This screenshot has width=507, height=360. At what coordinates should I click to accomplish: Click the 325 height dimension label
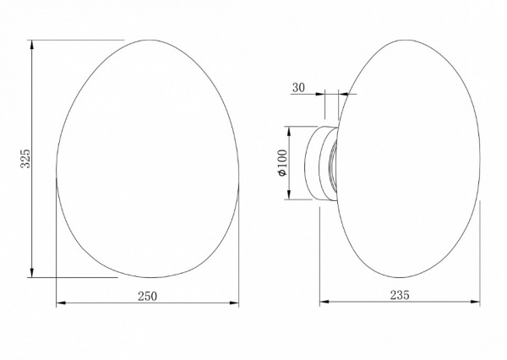(25, 158)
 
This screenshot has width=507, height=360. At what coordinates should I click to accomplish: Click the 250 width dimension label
(147, 296)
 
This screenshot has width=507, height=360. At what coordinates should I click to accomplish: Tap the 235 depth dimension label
(400, 295)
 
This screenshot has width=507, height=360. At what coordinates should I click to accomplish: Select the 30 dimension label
(298, 87)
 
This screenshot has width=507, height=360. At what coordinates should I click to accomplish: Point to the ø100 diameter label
(282, 163)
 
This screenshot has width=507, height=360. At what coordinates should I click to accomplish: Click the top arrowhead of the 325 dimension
(32, 45)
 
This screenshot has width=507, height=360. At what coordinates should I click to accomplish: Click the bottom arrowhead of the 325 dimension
(32, 273)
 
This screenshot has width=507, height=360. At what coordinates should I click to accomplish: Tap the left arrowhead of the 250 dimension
(61, 303)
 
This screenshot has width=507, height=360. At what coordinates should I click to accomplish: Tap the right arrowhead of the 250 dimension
(234, 303)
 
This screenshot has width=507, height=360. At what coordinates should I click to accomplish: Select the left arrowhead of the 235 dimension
(324, 302)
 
